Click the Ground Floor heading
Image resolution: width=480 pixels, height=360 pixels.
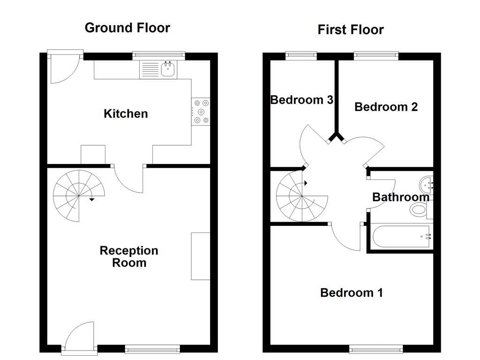tap(127, 28)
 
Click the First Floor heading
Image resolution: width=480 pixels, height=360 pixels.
tap(351, 30)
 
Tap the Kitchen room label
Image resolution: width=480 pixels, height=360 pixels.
tap(126, 113)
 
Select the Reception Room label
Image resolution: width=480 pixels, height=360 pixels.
tap(129, 256)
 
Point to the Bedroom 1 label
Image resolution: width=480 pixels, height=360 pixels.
tap(352, 293)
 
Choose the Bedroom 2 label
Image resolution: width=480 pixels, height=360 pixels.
tap(386, 107)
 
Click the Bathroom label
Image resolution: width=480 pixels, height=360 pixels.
tap(401, 197)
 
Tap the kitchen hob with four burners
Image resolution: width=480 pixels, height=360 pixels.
tap(201, 112)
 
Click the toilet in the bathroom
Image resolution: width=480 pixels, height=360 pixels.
tap(419, 210)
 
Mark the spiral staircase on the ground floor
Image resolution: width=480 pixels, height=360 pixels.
tap(78, 195)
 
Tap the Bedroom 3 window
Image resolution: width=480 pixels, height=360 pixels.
tap(301, 55)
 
